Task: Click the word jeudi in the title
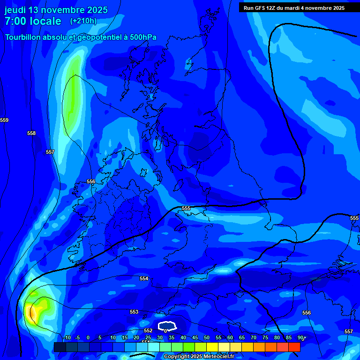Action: [x=15, y=10]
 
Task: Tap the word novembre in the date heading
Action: [x=64, y=10]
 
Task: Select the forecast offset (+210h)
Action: [x=83, y=21]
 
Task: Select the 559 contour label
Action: [x=4, y=120]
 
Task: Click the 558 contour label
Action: [x=31, y=134]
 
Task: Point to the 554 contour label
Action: [x=144, y=279]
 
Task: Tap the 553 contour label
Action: [x=134, y=312]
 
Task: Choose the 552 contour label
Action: [x=148, y=330]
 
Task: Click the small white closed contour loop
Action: [x=167, y=325]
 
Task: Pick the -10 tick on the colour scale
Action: [x=67, y=338]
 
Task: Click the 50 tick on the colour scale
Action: [x=207, y=338]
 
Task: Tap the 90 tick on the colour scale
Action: [x=300, y=338]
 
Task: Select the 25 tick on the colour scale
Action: [x=148, y=338]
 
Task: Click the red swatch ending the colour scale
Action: [x=294, y=347]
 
